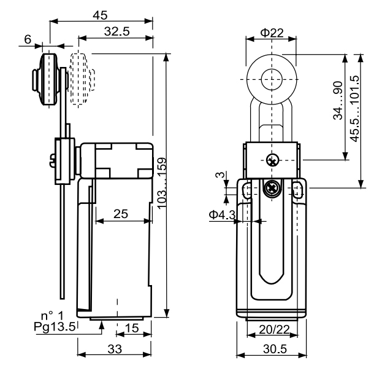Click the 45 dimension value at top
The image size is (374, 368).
pos(101,14)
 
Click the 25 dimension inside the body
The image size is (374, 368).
pos(121,214)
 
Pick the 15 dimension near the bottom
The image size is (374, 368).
pos(131,328)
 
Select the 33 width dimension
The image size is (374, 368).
pos(115,349)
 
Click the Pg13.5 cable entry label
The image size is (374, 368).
pos(55,326)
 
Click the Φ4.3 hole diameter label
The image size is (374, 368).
pos(221,214)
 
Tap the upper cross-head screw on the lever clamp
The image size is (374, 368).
pos(272,160)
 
